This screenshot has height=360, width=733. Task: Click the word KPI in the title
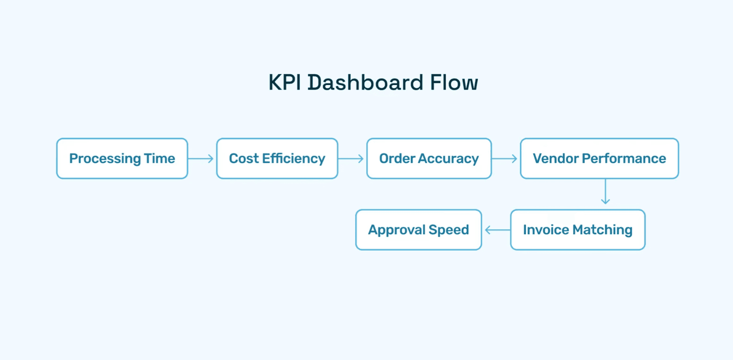point(285,83)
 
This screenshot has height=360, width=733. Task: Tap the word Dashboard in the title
point(365,83)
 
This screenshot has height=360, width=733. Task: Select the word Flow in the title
point(454,83)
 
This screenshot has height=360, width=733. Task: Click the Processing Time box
point(122,159)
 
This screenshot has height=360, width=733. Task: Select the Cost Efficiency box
point(277,159)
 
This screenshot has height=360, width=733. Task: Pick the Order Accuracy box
point(429,159)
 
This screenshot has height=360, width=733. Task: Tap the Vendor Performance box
point(599,159)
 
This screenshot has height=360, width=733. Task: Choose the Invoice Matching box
point(578,230)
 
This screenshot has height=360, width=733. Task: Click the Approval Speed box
point(418,230)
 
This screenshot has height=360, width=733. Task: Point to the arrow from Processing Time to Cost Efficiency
point(202,159)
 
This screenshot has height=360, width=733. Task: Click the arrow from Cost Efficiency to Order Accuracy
point(352,159)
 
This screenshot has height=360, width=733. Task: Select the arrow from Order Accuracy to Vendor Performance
point(505,159)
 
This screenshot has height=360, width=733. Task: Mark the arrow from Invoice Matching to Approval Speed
point(497,230)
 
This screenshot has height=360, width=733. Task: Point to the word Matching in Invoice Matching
point(603,230)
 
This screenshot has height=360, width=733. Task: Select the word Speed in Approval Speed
point(449,230)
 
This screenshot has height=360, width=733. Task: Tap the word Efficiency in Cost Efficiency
point(293,159)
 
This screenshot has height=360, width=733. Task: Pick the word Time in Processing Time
point(159,159)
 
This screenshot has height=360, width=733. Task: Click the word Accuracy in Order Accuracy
point(448,159)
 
